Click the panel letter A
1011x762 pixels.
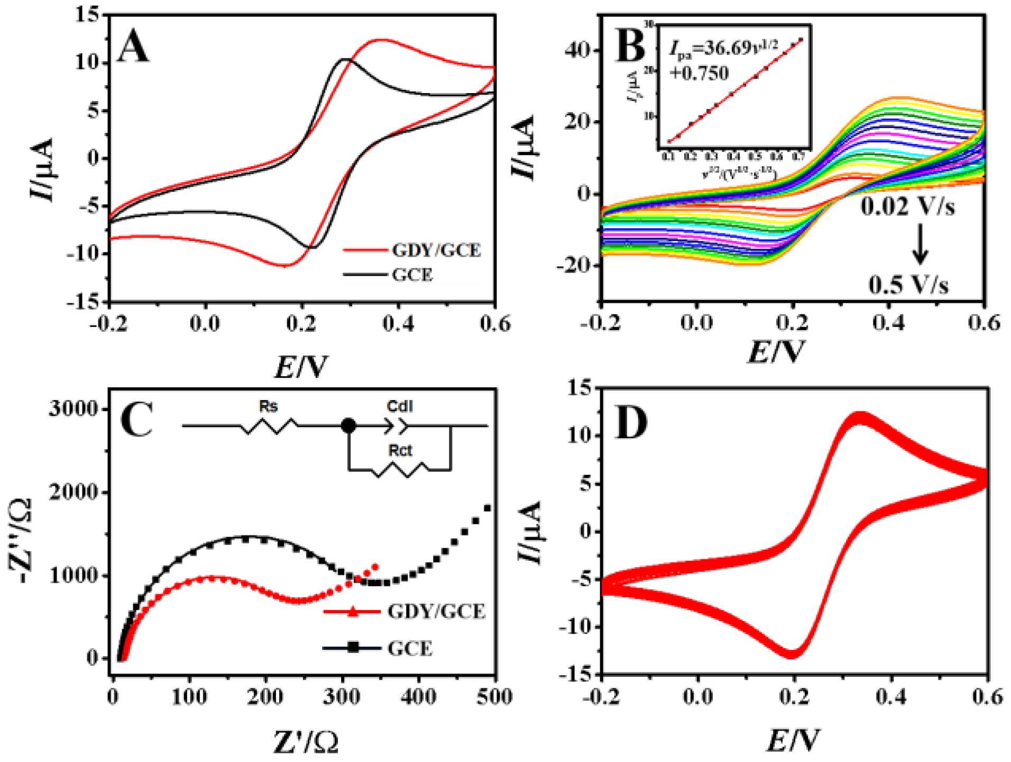(133, 47)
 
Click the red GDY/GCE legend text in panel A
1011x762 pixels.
(436, 250)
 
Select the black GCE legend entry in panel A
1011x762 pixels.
(412, 275)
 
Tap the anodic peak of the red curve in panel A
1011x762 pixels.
(380, 40)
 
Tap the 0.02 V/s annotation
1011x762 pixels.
(907, 207)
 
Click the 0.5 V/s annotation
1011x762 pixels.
(908, 285)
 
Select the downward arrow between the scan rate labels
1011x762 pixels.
(920, 244)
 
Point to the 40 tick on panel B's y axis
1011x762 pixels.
(577, 51)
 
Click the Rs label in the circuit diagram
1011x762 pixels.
(268, 406)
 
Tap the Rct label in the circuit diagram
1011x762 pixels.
(400, 451)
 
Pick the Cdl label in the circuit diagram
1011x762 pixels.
(399, 406)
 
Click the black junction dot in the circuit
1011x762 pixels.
(348, 425)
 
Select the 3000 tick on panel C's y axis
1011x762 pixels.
(74, 409)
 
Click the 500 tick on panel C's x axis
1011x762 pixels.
(494, 696)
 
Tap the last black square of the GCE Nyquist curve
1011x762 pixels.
(488, 509)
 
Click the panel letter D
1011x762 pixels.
(631, 424)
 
